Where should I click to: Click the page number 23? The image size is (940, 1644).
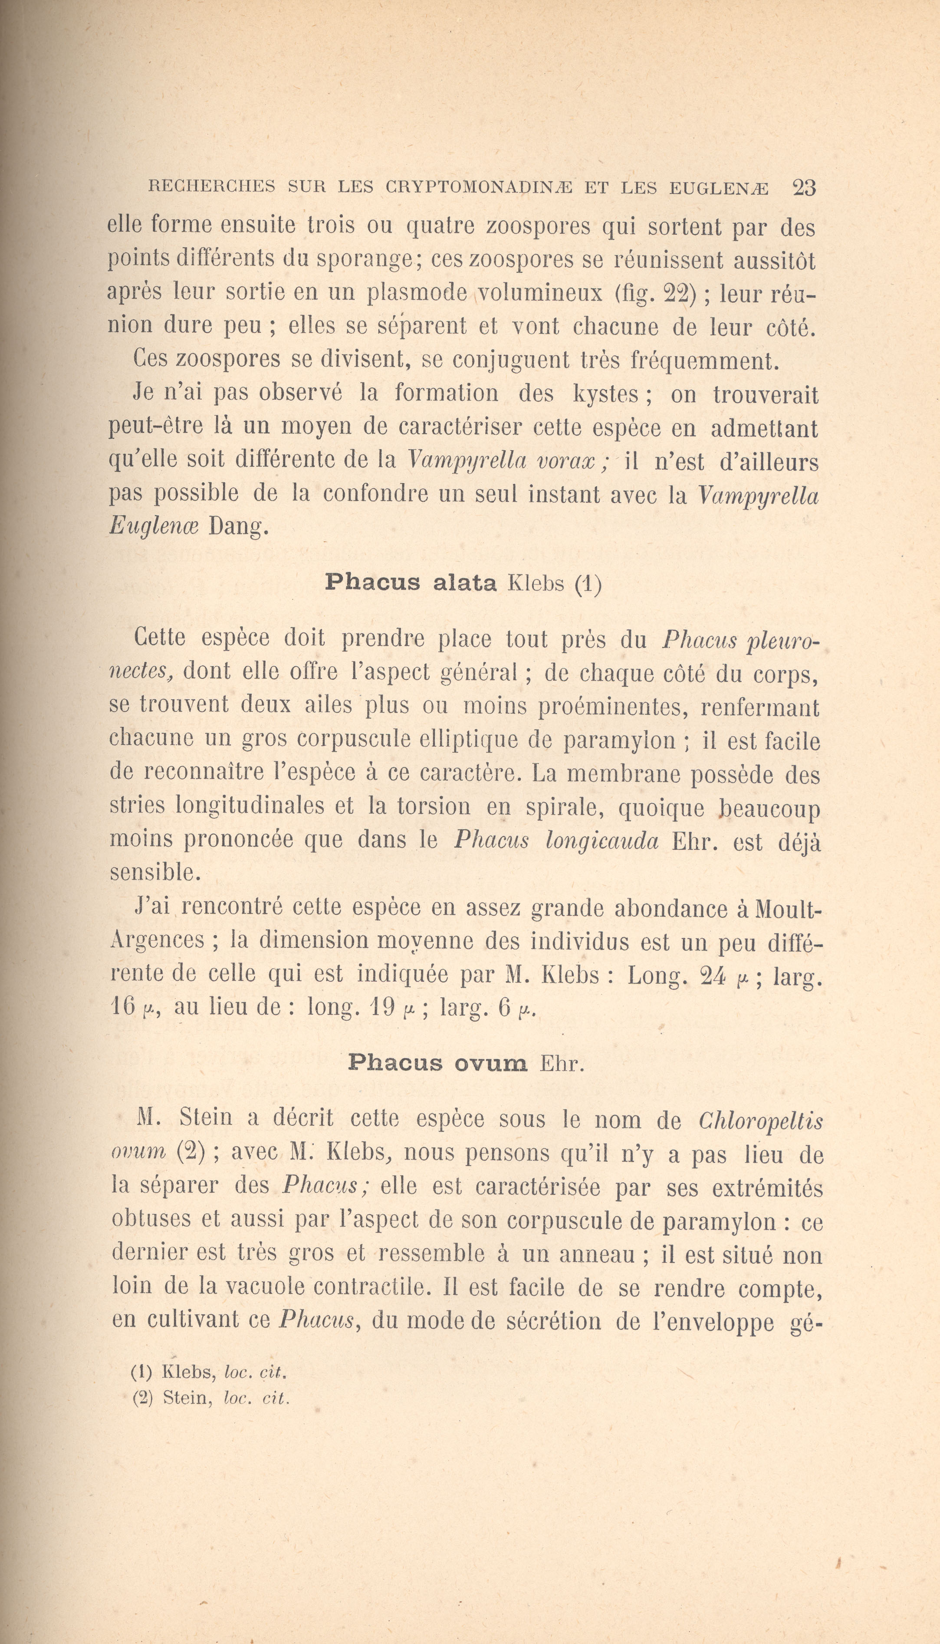(x=804, y=188)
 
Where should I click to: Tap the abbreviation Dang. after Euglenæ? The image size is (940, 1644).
(x=237, y=527)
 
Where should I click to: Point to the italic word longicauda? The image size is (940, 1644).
(x=601, y=840)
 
